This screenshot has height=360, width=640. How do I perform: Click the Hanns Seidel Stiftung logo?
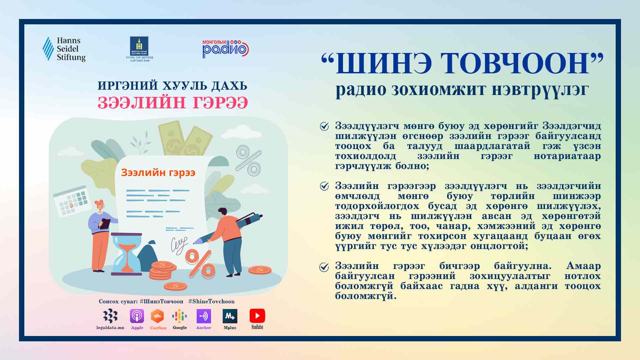click(x=64, y=49)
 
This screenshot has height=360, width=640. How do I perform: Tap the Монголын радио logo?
click(x=226, y=49)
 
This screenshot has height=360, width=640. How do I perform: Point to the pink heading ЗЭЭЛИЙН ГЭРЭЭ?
click(x=173, y=103)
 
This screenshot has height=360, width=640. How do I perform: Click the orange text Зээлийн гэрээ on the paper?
click(x=158, y=173)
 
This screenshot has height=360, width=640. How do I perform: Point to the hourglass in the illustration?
click(x=126, y=254)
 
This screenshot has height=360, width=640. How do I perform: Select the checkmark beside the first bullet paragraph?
click(x=324, y=126)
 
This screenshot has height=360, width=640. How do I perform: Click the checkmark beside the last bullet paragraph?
click(x=324, y=267)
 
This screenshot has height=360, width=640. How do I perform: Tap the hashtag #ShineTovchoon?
click(x=211, y=301)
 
